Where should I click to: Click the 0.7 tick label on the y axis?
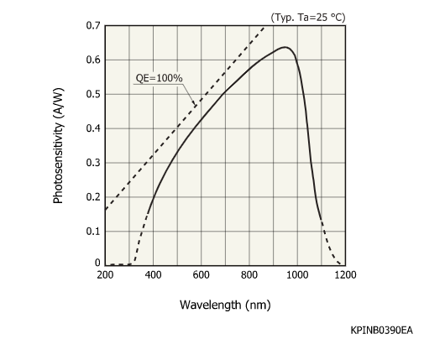point(92,25)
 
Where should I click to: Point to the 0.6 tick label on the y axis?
point(92,60)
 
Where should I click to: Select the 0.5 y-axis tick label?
point(92,94)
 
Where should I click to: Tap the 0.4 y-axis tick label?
point(92,128)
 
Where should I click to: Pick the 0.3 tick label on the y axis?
point(92,163)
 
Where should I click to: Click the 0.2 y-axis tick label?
point(92,197)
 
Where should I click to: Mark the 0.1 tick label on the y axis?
point(92,231)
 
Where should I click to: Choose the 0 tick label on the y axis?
point(97,263)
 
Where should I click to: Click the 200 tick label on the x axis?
point(105,274)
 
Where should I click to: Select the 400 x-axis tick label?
point(153,274)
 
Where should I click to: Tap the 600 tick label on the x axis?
point(201,274)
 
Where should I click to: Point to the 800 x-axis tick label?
point(249,274)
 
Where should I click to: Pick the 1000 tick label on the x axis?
point(296,274)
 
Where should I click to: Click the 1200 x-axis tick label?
point(344,274)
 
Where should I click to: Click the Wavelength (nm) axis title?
point(225,304)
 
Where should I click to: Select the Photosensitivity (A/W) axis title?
point(58,145)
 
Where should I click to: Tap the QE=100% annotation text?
point(160,79)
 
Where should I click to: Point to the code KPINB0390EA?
point(381,331)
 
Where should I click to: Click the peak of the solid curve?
point(285,47)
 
